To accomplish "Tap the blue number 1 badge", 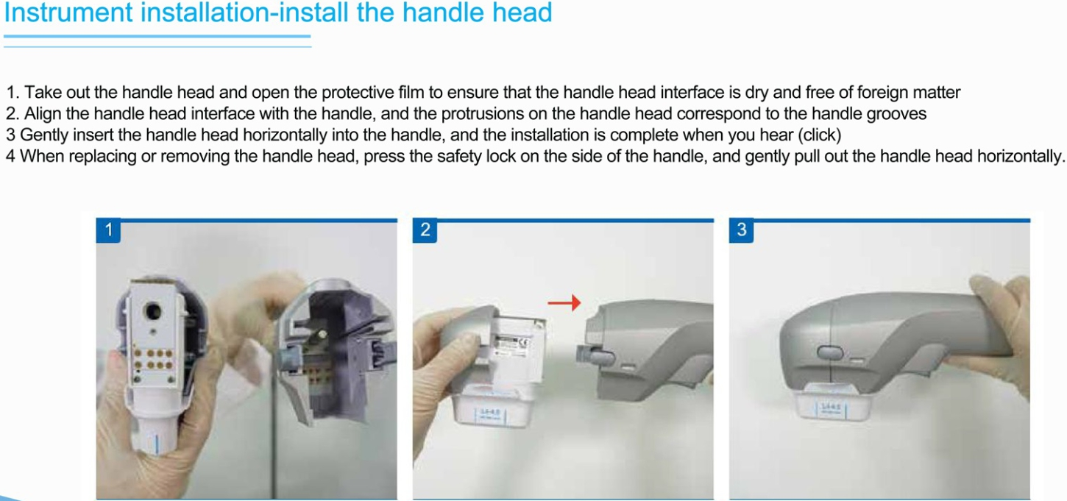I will [108, 230].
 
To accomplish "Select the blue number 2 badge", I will [425, 230].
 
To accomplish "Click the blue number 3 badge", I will [741, 230].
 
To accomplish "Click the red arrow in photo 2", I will [564, 302].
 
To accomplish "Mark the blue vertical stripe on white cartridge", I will [157, 447].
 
